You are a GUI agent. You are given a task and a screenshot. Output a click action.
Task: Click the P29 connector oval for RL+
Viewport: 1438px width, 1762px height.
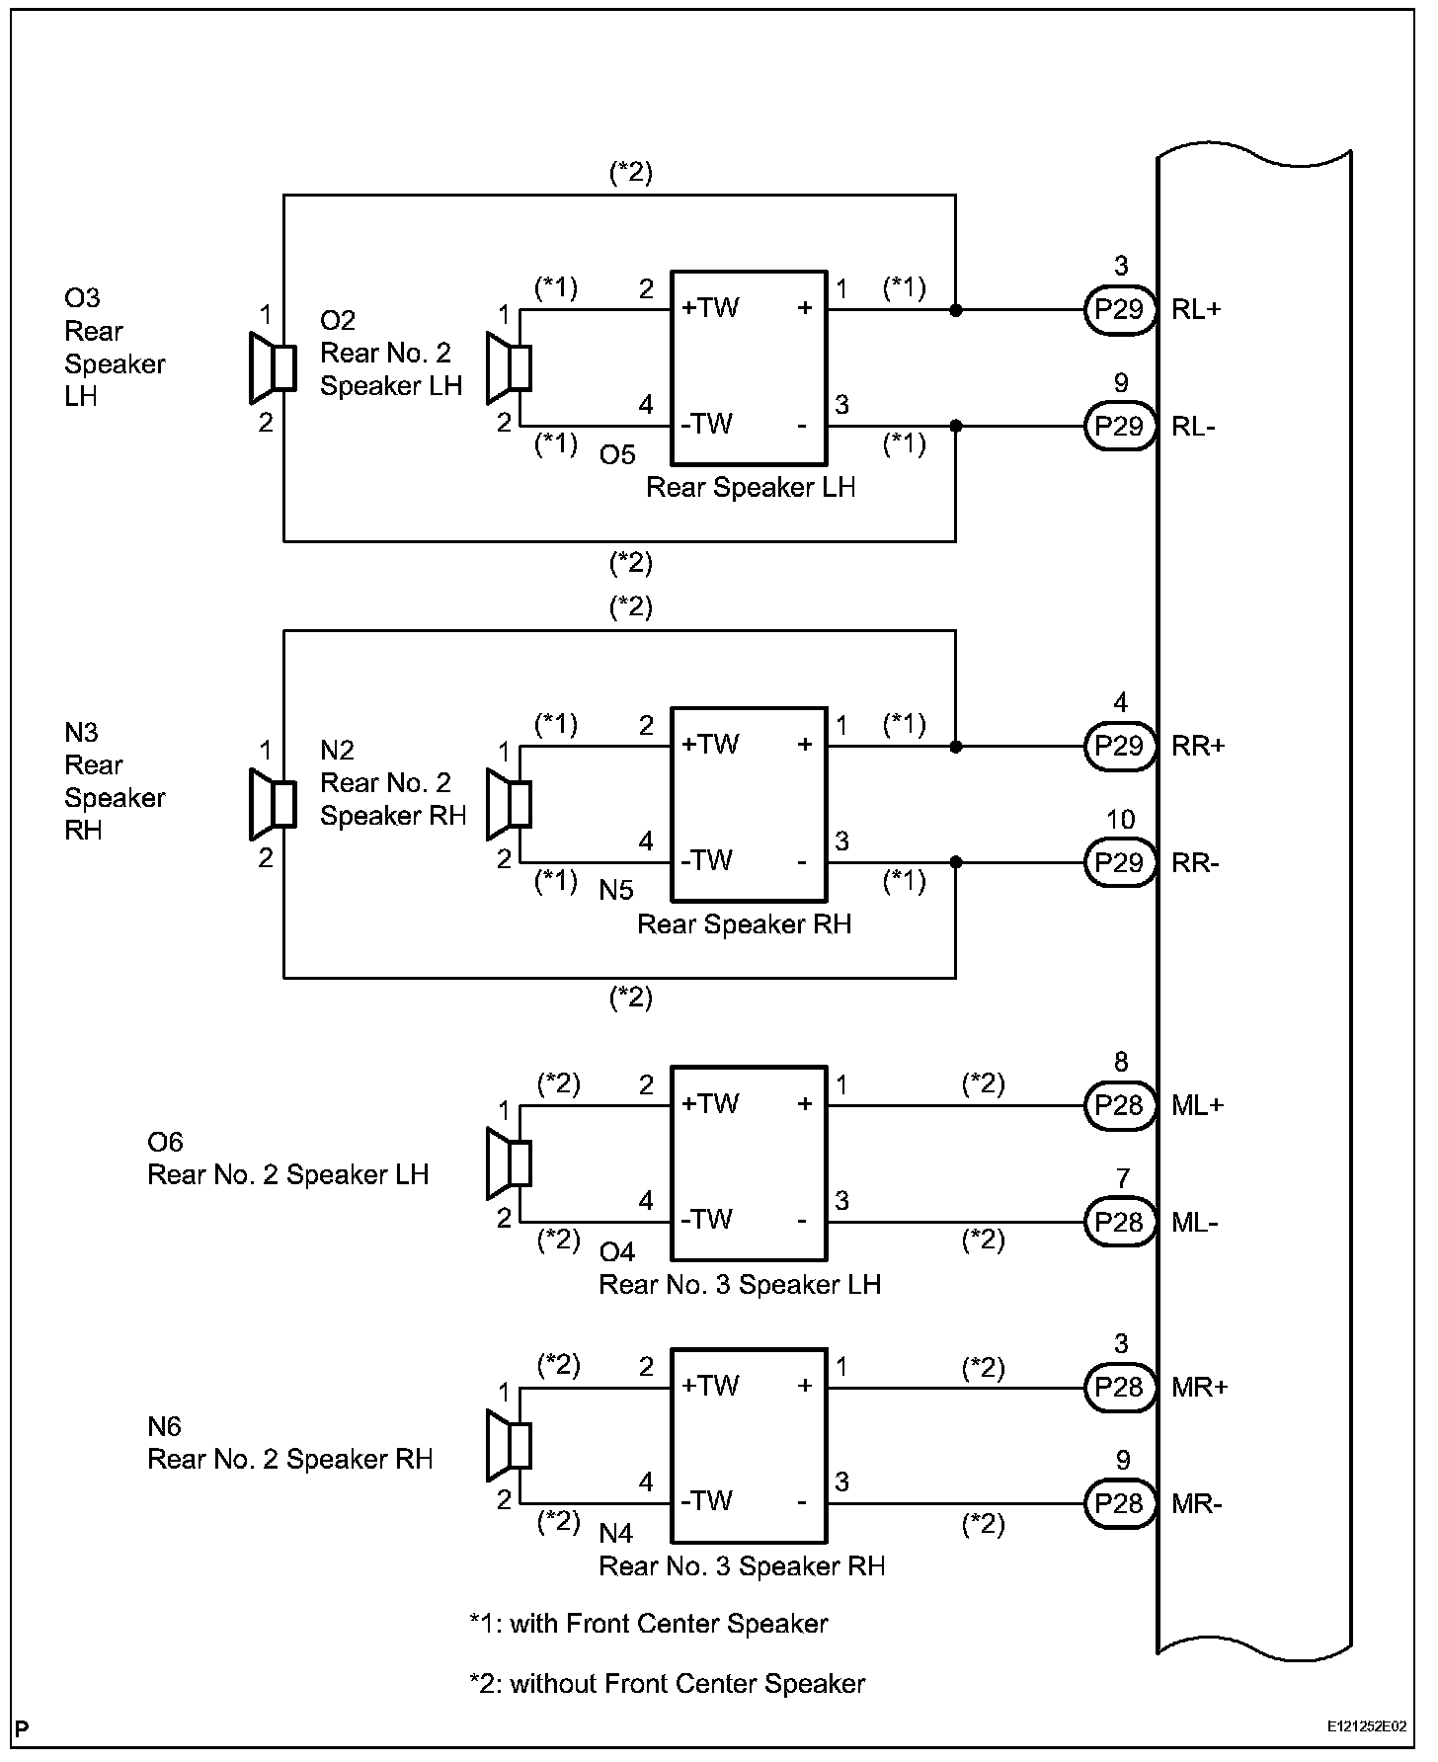click(x=1120, y=310)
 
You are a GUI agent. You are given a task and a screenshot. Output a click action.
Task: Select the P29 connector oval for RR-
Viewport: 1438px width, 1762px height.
click(x=1120, y=863)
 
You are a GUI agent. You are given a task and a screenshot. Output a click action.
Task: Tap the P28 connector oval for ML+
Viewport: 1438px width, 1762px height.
click(x=1120, y=1105)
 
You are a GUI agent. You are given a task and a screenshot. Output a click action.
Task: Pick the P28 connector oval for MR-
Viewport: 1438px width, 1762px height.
click(x=1120, y=1504)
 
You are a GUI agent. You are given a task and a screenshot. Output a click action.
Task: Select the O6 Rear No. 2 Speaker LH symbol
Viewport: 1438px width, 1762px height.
click(x=510, y=1163)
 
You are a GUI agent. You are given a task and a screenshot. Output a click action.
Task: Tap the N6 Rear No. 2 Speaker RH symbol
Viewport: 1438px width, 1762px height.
click(x=510, y=1446)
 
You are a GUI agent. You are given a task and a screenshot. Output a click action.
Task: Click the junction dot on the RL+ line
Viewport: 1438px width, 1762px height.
click(x=955, y=310)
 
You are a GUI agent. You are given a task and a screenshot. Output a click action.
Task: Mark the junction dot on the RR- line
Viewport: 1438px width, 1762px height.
click(x=955, y=863)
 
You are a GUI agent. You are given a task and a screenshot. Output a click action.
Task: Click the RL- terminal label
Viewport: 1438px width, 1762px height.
click(x=1194, y=427)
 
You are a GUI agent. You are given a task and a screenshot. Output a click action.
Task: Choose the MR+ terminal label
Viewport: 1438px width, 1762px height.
click(x=1200, y=1388)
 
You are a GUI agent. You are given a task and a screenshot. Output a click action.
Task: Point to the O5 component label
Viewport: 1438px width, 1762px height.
click(x=617, y=455)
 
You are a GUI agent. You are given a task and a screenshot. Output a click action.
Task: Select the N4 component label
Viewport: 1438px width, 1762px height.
click(x=617, y=1534)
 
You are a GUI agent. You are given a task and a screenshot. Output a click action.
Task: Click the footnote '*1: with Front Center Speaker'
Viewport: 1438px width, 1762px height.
click(x=649, y=1624)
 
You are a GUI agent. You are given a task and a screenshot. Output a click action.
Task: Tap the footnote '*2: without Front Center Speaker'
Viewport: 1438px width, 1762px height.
click(x=668, y=1684)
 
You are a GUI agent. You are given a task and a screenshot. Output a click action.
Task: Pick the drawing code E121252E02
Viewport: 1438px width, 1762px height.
click(x=1367, y=1727)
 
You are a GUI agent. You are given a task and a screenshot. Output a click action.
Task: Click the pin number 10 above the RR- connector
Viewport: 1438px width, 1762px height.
click(x=1120, y=820)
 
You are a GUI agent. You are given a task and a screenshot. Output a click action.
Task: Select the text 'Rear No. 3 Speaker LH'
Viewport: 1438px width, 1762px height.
click(x=740, y=1285)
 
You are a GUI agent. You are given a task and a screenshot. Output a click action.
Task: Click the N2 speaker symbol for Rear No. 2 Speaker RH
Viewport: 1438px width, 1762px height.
click(x=510, y=804)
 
